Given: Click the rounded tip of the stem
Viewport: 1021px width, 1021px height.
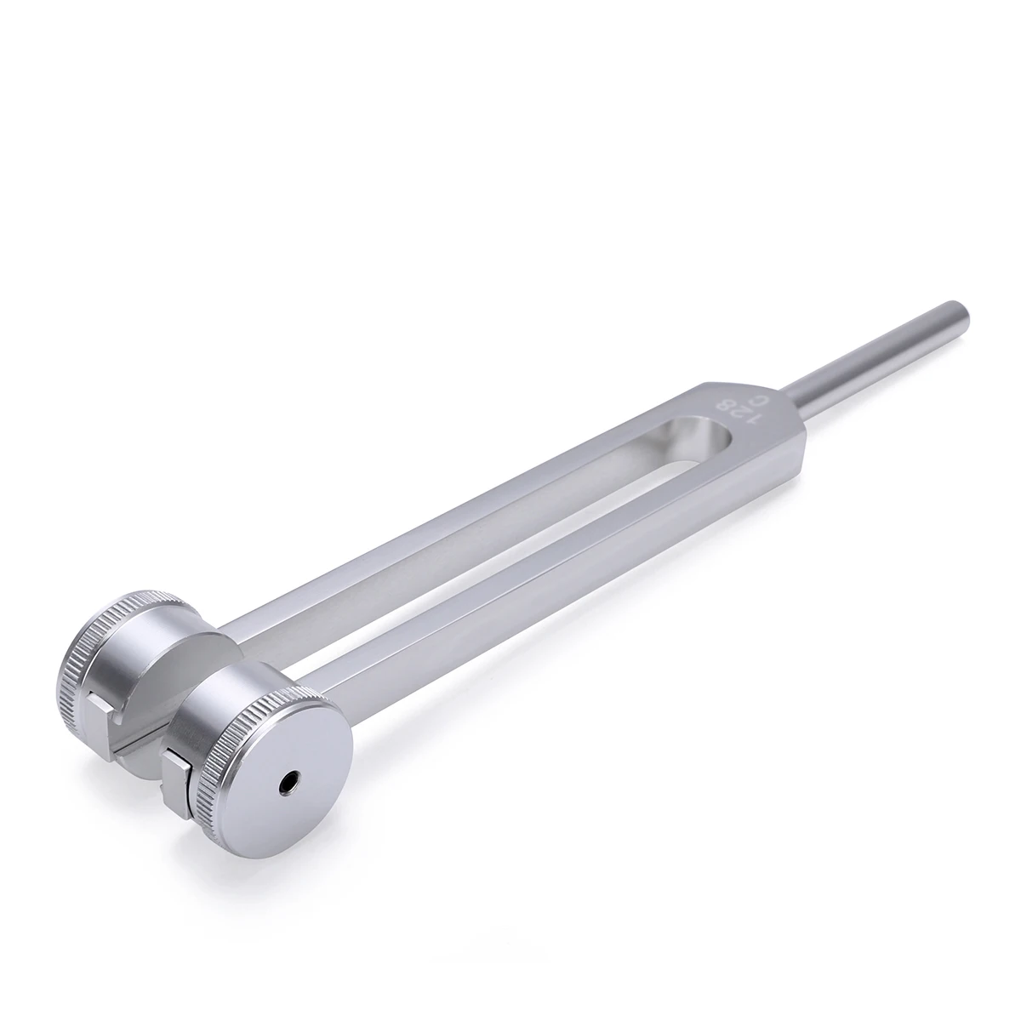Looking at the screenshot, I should [x=960, y=308].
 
